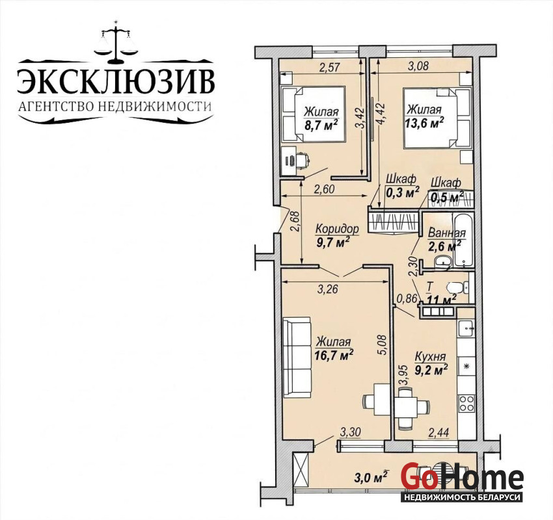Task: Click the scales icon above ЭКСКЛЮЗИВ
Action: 115,42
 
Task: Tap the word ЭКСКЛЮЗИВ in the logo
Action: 116,82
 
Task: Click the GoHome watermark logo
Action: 462,481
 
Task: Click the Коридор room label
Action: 337,229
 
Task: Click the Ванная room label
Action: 447,233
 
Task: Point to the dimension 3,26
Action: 328,289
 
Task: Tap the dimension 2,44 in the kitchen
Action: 438,433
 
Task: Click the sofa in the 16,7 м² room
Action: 298,357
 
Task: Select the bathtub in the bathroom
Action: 463,240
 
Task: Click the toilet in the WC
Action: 457,287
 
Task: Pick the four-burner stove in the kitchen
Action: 466,403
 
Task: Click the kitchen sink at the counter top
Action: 466,328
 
